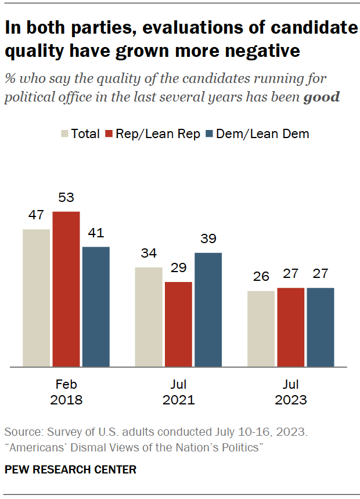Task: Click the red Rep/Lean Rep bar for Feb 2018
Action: point(66,289)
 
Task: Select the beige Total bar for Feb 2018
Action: point(36,298)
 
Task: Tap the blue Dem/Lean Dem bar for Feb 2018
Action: point(96,306)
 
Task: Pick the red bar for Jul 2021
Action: point(178,324)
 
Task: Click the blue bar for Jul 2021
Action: point(208,309)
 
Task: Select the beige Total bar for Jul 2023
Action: point(261,328)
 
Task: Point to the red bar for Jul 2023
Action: point(290,327)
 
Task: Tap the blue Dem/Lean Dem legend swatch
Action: point(211,134)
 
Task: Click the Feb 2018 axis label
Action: point(66,392)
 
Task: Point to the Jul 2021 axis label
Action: point(178,392)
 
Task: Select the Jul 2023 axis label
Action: point(290,392)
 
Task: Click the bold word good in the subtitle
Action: point(322,97)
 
